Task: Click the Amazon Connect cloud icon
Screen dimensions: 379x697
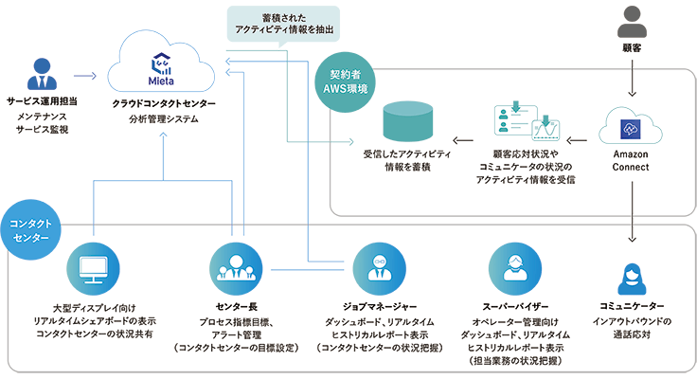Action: [x=631, y=131]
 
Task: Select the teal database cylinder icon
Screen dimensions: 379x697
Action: [x=407, y=124]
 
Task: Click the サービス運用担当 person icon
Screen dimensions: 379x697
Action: [x=40, y=75]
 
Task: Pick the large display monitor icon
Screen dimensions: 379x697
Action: [x=93, y=271]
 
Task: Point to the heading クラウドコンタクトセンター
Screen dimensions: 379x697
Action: [x=164, y=102]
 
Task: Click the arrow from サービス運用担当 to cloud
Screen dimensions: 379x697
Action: [x=85, y=72]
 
